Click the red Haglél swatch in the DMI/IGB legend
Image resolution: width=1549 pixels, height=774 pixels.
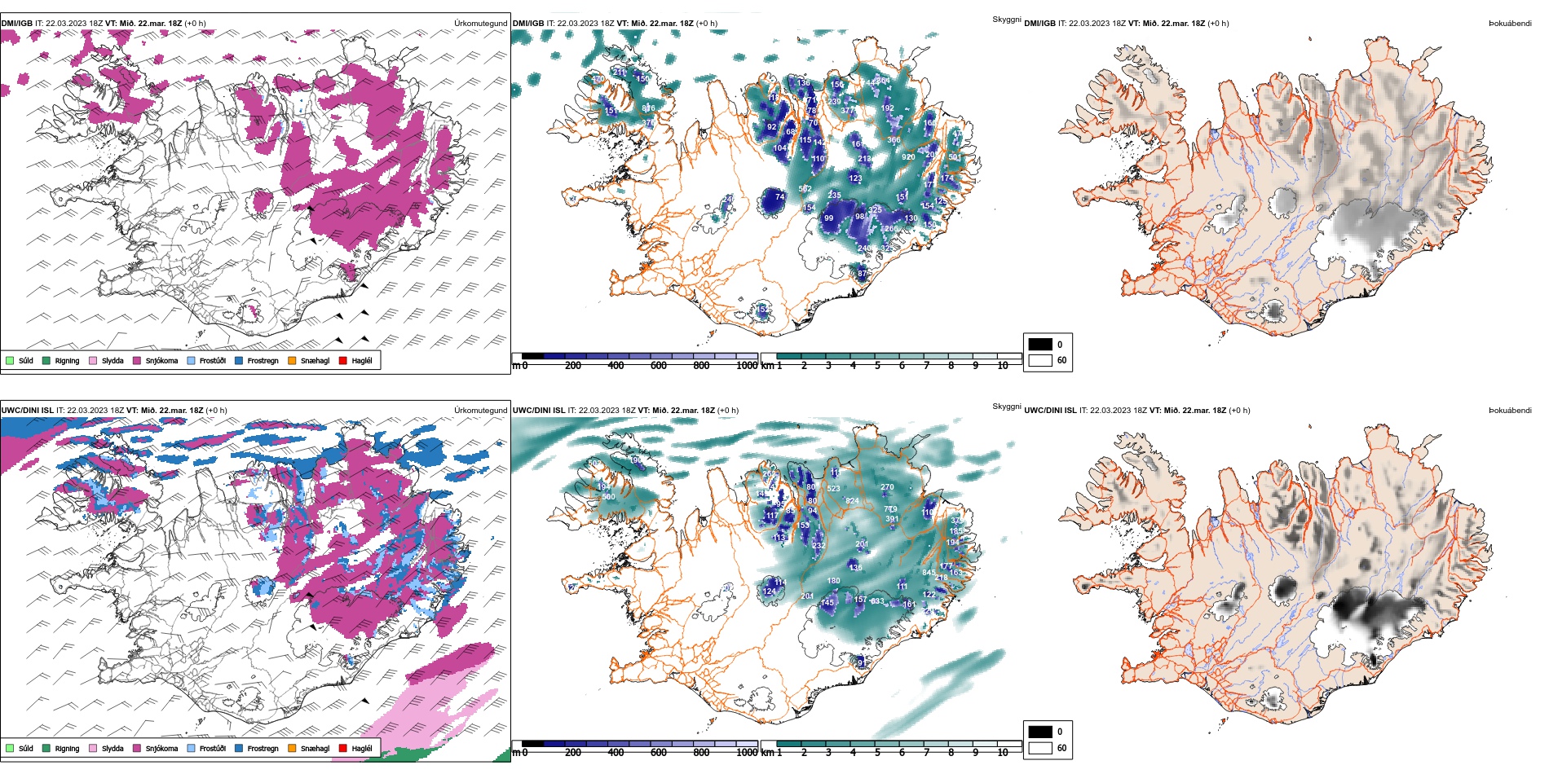point(343,360)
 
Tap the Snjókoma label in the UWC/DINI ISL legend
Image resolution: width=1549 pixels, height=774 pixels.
point(161,748)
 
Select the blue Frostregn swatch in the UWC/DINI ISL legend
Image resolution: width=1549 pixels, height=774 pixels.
point(239,748)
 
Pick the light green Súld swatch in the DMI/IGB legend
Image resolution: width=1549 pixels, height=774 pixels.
point(10,360)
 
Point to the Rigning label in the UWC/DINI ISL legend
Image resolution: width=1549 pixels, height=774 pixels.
point(67,748)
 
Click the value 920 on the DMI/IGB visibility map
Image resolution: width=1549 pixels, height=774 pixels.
point(908,156)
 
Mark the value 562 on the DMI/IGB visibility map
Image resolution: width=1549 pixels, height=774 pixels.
point(805,189)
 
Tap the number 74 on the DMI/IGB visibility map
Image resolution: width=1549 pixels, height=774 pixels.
point(779,197)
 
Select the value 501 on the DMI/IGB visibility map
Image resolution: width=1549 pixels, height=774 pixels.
point(955,157)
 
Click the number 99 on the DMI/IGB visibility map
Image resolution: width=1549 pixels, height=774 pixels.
point(828,218)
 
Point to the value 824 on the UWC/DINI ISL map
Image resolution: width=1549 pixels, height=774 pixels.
point(852,501)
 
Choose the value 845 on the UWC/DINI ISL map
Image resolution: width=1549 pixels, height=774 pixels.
point(929,573)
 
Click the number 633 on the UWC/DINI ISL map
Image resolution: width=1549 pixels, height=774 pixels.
point(877,601)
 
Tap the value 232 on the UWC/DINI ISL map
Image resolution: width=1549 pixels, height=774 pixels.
point(819,546)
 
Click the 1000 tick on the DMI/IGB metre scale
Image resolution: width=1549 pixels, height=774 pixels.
point(747,366)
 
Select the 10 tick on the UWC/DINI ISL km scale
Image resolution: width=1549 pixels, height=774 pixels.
point(1003,753)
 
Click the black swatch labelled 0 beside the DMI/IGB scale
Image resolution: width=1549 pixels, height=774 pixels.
point(1040,345)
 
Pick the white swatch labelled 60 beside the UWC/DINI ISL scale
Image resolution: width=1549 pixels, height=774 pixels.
point(1040,748)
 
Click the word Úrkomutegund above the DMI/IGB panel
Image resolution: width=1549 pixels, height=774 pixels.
point(480,24)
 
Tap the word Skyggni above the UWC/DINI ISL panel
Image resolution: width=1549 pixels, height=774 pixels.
point(1006,406)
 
